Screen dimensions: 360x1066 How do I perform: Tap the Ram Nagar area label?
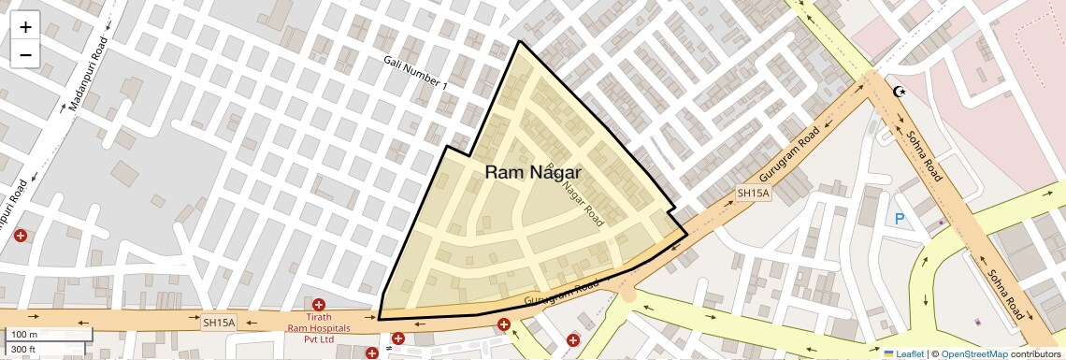click(533, 173)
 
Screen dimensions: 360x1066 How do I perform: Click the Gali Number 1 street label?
click(415, 73)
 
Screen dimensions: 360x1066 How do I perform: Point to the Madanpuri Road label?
click(89, 74)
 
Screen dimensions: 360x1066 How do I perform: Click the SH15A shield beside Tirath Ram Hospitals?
click(219, 323)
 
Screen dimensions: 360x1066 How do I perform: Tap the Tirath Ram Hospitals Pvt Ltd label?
click(319, 328)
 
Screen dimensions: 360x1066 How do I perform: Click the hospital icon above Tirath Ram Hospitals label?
click(319, 305)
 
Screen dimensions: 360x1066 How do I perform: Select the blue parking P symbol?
click(900, 219)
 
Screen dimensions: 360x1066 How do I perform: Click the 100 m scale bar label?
click(24, 335)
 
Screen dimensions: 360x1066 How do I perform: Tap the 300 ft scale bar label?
click(23, 350)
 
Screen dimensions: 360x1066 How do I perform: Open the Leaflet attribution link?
click(903, 353)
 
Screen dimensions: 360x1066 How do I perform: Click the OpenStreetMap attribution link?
click(973, 353)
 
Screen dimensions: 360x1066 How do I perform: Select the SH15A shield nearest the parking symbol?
click(752, 194)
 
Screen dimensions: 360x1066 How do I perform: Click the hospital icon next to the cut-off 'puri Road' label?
click(20, 236)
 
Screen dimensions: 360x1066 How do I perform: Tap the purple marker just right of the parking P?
click(942, 223)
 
